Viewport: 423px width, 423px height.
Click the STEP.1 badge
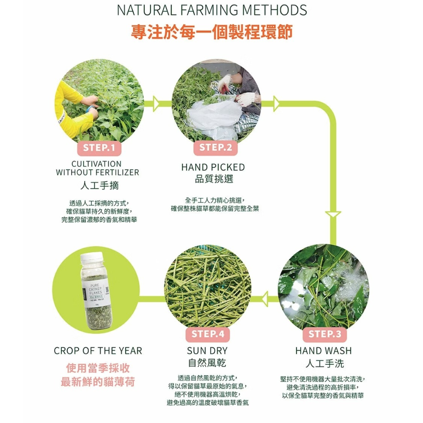click(99, 148)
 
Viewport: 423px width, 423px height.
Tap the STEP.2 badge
click(216, 148)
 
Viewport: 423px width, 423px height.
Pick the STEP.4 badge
click(208, 334)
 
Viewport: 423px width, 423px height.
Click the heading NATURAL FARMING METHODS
click(212, 10)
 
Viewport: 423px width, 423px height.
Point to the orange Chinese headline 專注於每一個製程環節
click(211, 32)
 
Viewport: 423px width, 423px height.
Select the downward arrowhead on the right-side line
click(334, 214)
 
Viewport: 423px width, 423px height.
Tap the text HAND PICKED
click(213, 168)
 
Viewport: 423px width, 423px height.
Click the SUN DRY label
click(207, 351)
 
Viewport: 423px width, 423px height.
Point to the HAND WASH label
click(324, 351)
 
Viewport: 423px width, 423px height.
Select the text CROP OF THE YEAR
click(98, 351)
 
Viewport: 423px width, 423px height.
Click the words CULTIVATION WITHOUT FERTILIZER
click(97, 168)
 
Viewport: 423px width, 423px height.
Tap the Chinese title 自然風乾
click(207, 363)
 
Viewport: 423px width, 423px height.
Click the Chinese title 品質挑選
click(213, 179)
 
